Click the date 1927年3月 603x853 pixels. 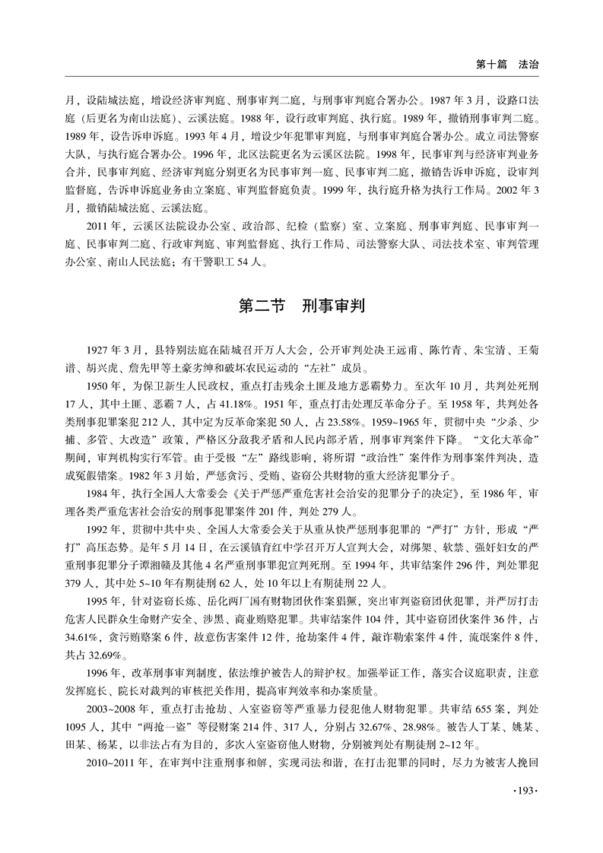(112, 349)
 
